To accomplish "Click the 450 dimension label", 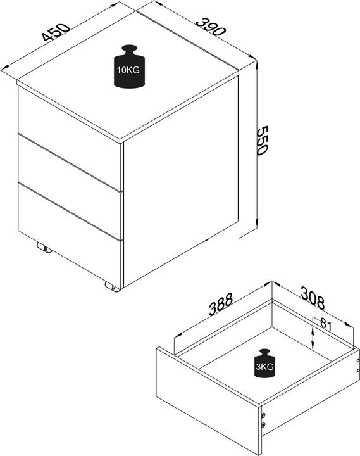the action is point(56,32).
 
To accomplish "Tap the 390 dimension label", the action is point(211,27).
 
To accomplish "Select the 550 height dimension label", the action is point(263,140).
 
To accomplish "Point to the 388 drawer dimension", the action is point(221,304).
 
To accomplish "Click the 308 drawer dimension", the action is point(313,298).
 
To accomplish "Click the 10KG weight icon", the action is point(129,66).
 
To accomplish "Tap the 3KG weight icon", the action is point(264,364).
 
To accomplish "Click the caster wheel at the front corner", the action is point(113,287).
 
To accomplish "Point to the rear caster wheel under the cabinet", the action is point(44,248).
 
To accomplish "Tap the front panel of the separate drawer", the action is point(207,402).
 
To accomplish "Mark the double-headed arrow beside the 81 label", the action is point(313,338).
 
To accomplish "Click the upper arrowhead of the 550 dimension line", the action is point(257,65).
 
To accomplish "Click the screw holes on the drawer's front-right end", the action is point(263,420).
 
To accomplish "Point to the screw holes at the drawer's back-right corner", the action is point(357,365).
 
